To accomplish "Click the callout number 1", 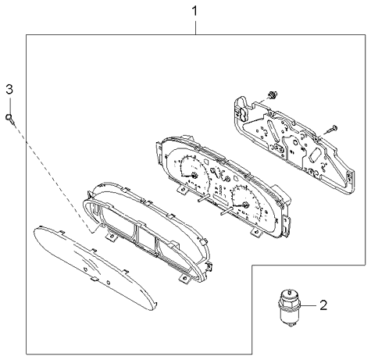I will click(196, 12).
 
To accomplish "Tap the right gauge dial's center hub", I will click(246, 206).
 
